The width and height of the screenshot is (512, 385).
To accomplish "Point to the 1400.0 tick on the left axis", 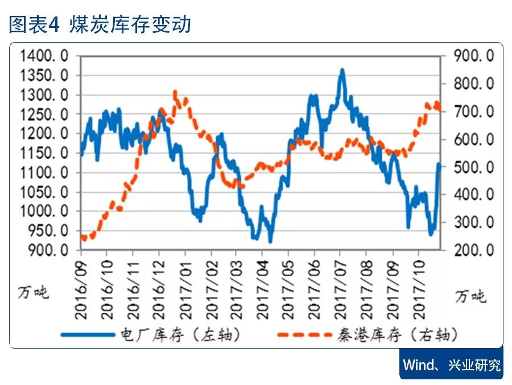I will point(44,56).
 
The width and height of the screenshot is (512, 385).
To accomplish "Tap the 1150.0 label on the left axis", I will point(44,153).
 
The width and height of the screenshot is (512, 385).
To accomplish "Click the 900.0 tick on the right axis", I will point(474,56).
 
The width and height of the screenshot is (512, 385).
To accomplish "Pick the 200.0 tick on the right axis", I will point(474,250).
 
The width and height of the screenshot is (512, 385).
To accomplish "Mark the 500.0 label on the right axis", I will point(474,167).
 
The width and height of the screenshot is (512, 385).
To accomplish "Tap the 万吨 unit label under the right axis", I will point(470,296).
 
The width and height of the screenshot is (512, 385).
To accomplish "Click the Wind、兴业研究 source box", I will point(451,364).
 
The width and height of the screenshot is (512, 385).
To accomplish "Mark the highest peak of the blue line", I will point(341,70).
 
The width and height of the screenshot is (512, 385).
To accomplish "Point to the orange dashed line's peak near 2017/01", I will point(175,92).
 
